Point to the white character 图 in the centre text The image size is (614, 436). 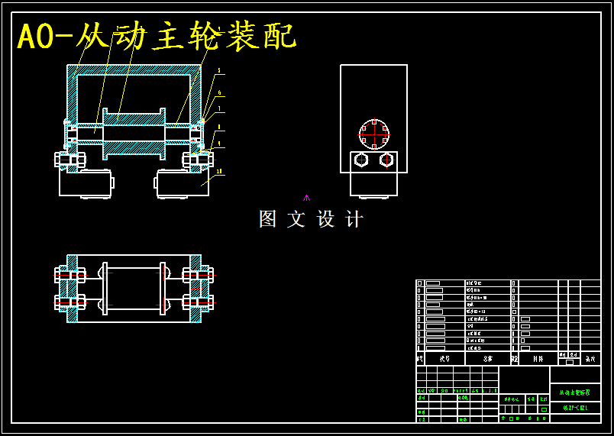point(268,219)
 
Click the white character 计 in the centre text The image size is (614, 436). point(354,219)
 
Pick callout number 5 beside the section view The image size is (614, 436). point(219,70)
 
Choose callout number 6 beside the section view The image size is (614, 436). point(219,93)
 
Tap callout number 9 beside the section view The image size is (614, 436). point(219,143)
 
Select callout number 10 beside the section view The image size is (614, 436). point(220,171)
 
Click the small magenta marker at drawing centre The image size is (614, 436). point(306,198)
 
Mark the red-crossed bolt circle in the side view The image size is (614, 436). point(374,134)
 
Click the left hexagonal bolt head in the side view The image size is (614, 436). point(361,160)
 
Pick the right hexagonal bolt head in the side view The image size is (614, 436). point(386,160)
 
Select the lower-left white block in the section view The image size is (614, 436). point(85,183)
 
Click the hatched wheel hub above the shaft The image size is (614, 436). point(134,120)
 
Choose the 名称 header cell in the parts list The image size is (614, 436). point(488,358)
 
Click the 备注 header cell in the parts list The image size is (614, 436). point(590,358)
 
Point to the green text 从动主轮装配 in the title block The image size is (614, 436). point(574,392)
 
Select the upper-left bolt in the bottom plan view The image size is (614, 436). point(69,275)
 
